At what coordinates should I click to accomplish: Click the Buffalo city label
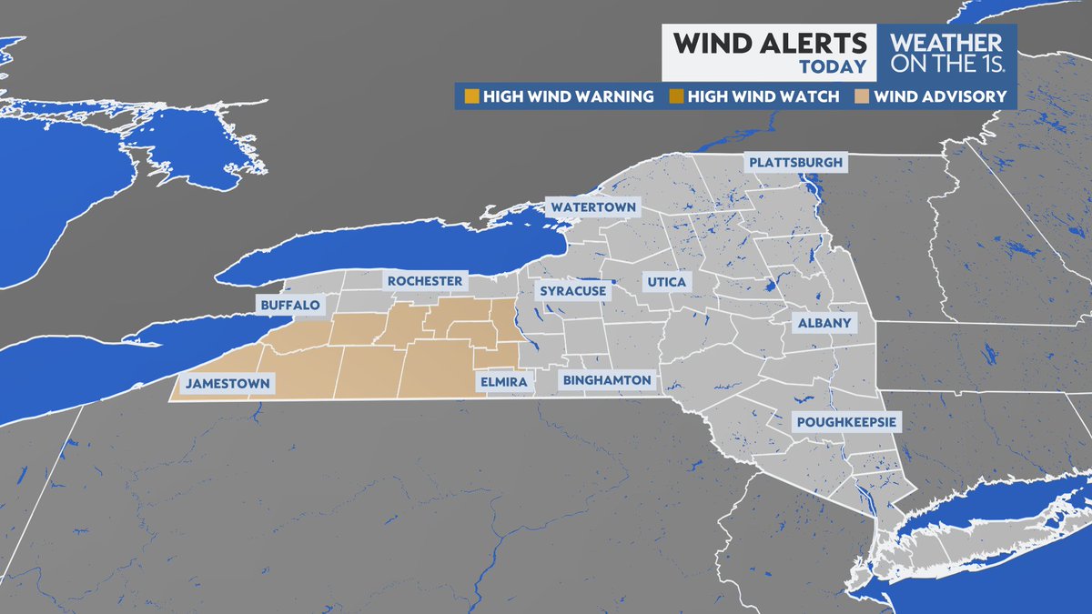click(x=289, y=306)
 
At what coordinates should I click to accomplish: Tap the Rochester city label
click(x=425, y=281)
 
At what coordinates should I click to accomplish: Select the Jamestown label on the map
click(x=227, y=384)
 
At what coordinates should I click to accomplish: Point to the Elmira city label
click(x=501, y=384)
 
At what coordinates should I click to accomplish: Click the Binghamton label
click(x=607, y=380)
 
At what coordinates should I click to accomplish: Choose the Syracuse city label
click(x=573, y=291)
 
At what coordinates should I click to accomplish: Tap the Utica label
click(x=667, y=283)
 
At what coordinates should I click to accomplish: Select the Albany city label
click(x=824, y=323)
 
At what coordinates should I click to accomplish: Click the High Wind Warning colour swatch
click(x=470, y=96)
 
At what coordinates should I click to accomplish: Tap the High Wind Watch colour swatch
click(x=675, y=96)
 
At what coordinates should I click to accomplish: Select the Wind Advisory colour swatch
click(x=861, y=96)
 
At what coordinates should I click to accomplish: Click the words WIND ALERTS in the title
click(x=769, y=44)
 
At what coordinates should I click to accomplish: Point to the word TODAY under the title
click(x=832, y=67)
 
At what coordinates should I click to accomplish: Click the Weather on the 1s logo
click(x=946, y=53)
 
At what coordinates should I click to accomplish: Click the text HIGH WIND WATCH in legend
click(x=763, y=96)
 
